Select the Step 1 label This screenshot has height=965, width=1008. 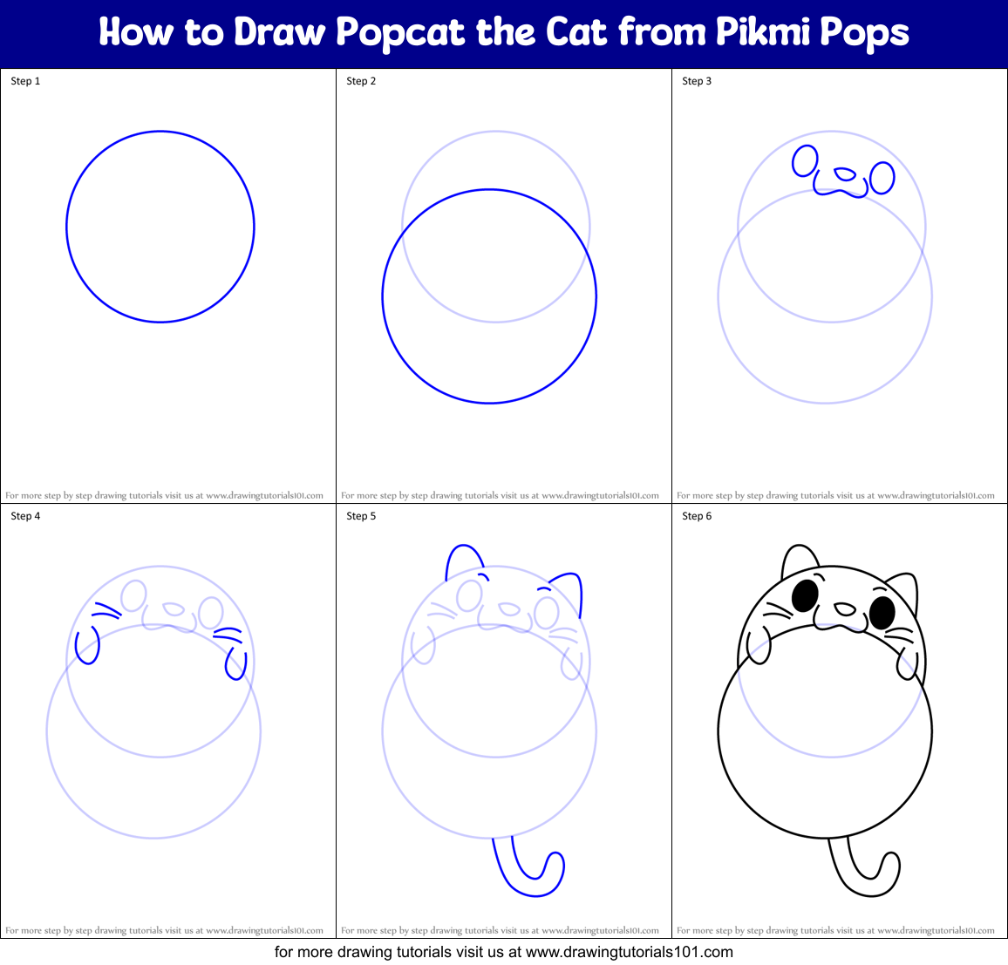[25, 81]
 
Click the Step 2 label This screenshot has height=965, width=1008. [361, 81]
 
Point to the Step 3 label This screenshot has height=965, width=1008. [697, 81]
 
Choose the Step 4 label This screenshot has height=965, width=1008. [25, 516]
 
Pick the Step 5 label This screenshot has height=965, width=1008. [361, 516]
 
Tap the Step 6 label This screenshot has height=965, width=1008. [697, 516]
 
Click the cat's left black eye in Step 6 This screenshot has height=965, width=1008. [805, 596]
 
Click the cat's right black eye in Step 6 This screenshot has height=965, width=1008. [882, 612]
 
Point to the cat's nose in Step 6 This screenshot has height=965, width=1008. [843, 608]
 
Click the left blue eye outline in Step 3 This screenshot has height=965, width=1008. [805, 161]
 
